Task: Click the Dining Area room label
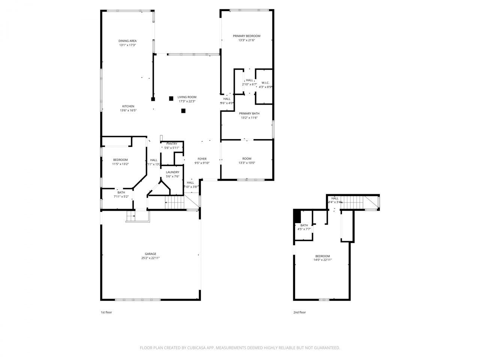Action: pos(127,41)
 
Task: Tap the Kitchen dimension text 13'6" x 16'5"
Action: pos(127,111)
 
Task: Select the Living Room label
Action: pos(187,97)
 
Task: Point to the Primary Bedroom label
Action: pos(246,36)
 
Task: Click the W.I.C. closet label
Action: pos(265,83)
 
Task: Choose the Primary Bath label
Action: pos(249,113)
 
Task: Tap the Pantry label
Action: pos(172,144)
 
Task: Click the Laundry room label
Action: pos(172,172)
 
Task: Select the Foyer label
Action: pos(202,159)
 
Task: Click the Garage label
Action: pos(151,254)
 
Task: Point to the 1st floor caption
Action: pos(106,312)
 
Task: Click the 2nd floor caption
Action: pos(299,312)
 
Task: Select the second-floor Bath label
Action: pos(304,225)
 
